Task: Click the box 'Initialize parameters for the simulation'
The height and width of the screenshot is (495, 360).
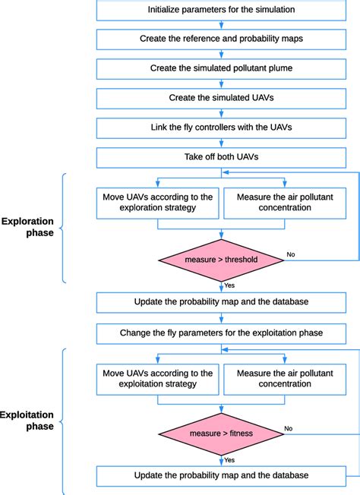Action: (221, 10)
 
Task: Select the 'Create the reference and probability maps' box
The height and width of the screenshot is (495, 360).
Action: (221, 38)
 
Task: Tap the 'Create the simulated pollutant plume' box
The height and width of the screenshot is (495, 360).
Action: (221, 68)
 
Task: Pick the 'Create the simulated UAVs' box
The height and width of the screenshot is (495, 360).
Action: (221, 98)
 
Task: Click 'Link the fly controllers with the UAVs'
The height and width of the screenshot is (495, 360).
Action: (221, 128)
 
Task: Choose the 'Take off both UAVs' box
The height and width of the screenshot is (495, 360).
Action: (221, 157)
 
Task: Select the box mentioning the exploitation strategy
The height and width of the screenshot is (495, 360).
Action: (157, 378)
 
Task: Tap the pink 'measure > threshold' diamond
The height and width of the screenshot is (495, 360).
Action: (221, 260)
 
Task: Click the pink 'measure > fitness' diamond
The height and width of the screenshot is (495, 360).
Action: (221, 434)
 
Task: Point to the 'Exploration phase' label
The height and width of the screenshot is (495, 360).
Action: (27, 227)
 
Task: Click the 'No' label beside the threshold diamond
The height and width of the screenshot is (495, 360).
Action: (290, 254)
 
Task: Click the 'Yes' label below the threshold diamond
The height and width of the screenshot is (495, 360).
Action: (229, 286)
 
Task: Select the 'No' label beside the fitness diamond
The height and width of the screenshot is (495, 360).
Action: (289, 428)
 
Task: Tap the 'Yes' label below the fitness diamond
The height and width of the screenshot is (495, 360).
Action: (229, 459)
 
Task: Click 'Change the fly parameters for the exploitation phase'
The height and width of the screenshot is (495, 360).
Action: (221, 333)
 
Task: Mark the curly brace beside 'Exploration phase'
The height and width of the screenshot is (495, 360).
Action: (62, 228)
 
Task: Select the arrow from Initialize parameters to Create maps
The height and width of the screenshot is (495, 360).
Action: (221, 24)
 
